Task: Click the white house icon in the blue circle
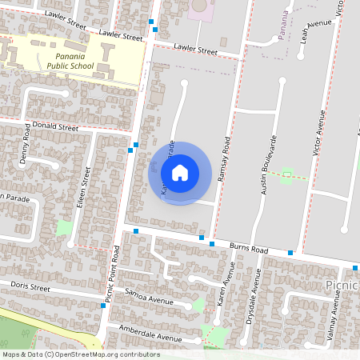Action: pos(180,172)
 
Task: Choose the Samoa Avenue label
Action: pos(150,297)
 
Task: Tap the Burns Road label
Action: pos(249,249)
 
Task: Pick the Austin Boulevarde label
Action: pos(268,166)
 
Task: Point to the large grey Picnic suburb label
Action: pos(342,286)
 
